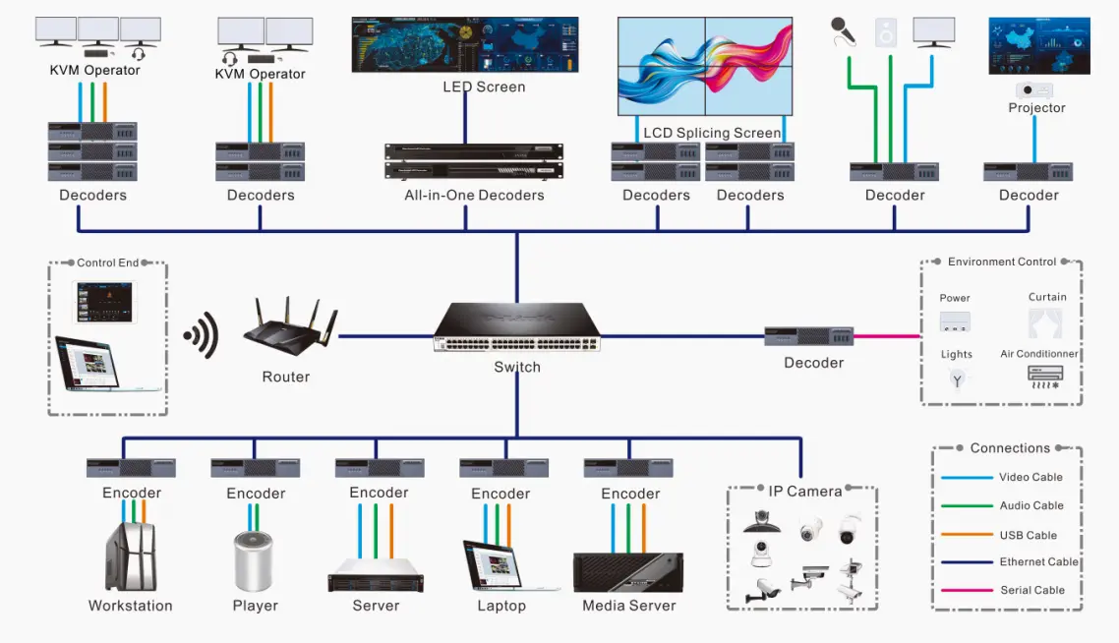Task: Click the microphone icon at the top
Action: click(843, 31)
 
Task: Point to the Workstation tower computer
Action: click(130, 556)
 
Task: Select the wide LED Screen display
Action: click(464, 44)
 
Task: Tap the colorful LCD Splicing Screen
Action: click(704, 66)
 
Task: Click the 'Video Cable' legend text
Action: click(1031, 477)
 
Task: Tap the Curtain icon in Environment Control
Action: click(1044, 322)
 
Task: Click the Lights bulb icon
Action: click(957, 379)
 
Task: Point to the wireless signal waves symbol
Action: click(202, 336)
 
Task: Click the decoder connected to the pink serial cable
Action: click(808, 336)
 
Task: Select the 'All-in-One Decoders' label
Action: click(474, 195)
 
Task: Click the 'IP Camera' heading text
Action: click(804, 491)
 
